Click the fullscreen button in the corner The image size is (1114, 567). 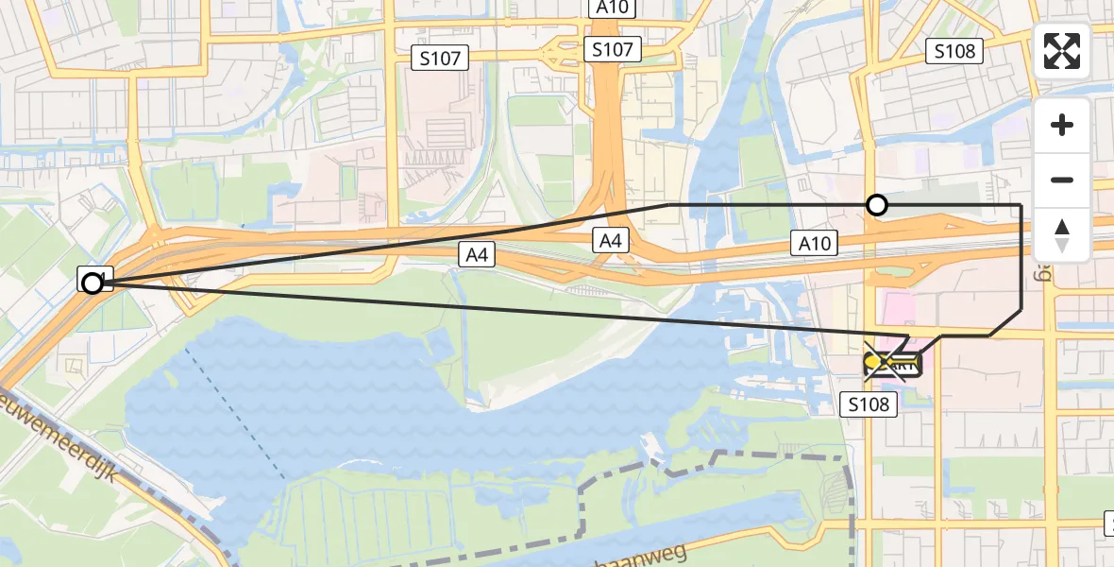point(1062,51)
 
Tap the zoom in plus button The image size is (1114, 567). point(1062,126)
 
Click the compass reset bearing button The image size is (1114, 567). point(1062,235)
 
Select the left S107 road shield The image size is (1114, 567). point(440,59)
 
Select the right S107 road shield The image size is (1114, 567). point(612,49)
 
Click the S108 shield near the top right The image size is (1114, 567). point(954,51)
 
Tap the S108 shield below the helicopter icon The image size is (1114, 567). point(867,404)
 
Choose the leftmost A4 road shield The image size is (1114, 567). point(476,253)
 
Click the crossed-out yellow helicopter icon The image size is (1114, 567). point(890,362)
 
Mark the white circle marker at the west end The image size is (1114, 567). point(93,283)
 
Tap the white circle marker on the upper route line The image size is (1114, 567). point(877,205)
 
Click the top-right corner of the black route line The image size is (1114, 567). point(1021,205)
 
